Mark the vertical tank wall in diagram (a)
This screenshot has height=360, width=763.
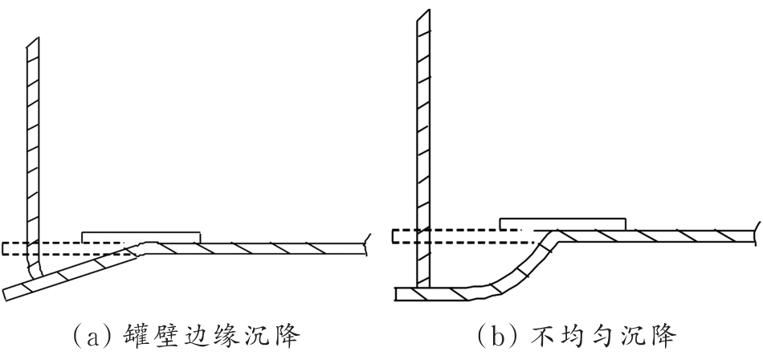coord(33,145)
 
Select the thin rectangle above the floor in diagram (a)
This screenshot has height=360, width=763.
coord(141,236)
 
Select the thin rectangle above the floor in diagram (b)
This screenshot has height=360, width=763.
coord(562,223)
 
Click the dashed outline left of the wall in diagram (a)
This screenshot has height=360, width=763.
coord(14,248)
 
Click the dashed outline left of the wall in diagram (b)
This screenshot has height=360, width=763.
coord(402,235)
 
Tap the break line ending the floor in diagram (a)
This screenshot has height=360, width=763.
coord(367,240)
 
